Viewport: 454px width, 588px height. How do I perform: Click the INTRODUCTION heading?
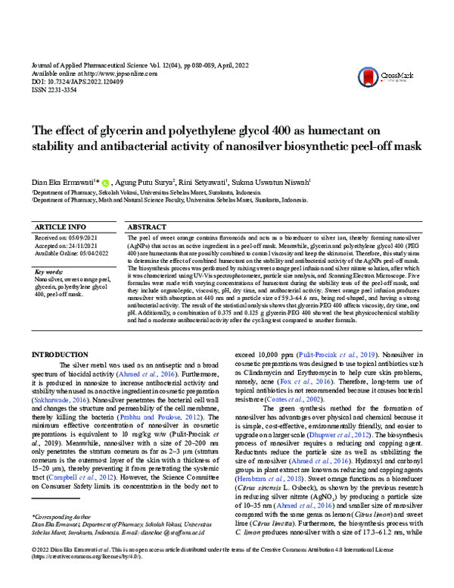tap(68, 355)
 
